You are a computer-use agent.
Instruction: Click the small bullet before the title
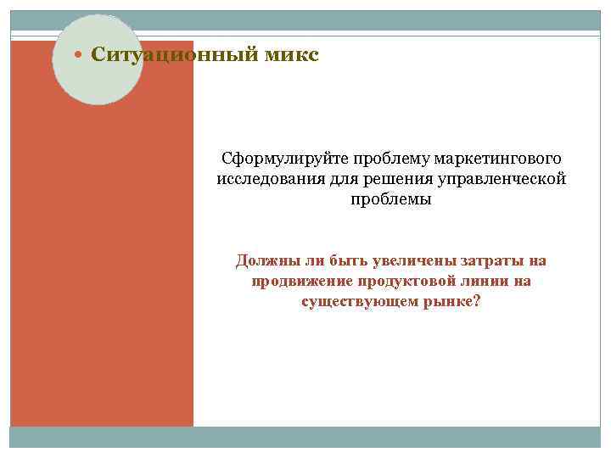(x=79, y=56)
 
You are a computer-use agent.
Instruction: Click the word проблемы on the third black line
(x=390, y=200)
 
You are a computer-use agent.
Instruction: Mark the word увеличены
(x=410, y=260)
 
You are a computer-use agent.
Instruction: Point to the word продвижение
(x=301, y=281)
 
